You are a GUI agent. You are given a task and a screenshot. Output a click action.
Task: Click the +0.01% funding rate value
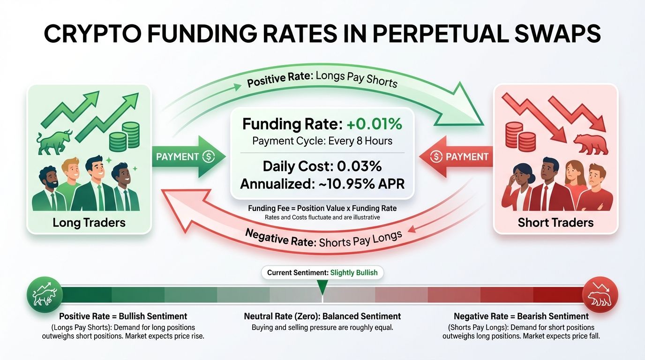[374, 124]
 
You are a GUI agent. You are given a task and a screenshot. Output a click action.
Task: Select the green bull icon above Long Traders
[54, 142]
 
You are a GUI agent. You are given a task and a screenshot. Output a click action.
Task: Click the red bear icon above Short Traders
[591, 144]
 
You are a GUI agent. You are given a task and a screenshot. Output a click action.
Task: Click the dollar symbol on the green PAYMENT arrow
[208, 157]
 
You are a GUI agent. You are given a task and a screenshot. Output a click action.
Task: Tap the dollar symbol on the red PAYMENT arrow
[436, 157]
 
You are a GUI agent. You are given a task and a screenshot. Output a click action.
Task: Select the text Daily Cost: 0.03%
[322, 166]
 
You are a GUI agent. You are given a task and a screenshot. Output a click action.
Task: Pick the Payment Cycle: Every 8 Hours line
[322, 141]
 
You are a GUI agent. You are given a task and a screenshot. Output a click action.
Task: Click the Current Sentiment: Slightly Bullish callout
[322, 272]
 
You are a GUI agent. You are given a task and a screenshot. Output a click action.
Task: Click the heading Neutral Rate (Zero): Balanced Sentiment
[322, 316]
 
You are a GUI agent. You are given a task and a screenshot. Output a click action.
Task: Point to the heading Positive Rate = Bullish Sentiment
[123, 316]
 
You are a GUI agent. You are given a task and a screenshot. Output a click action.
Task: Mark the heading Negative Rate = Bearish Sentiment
[521, 316]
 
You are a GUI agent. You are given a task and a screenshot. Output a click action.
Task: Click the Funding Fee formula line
[322, 208]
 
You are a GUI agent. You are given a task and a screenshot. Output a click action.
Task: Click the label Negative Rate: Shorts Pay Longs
[323, 239]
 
